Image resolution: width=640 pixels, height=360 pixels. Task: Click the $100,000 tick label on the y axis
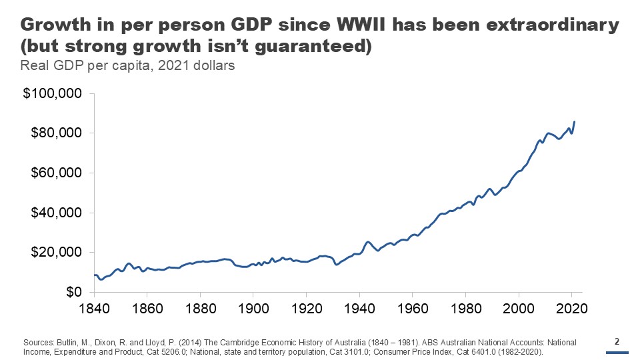[52, 93]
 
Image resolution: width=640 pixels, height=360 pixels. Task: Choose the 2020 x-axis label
[572, 309]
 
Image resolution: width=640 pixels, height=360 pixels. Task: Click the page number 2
[617, 342]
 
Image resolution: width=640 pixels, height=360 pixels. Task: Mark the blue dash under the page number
[617, 353]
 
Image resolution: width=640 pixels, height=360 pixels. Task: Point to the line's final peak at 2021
[575, 122]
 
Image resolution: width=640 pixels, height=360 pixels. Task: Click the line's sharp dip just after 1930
[337, 265]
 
